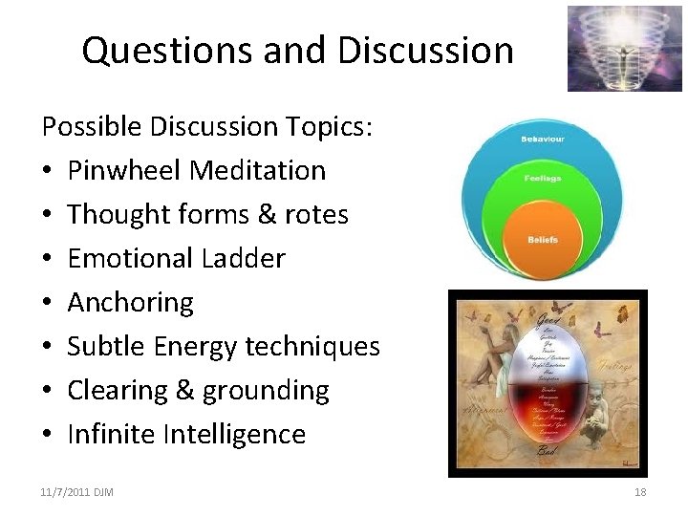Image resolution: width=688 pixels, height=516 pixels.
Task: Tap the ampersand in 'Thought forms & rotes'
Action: click(264, 214)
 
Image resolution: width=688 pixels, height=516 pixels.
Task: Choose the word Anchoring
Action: click(130, 302)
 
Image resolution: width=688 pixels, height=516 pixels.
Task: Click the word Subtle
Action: click(107, 346)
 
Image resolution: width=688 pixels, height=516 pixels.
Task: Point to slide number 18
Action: click(640, 492)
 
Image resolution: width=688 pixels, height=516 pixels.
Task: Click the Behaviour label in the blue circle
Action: click(542, 140)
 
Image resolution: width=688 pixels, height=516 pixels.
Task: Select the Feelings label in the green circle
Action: click(542, 178)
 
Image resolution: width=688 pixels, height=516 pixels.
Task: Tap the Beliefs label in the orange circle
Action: click(543, 239)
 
